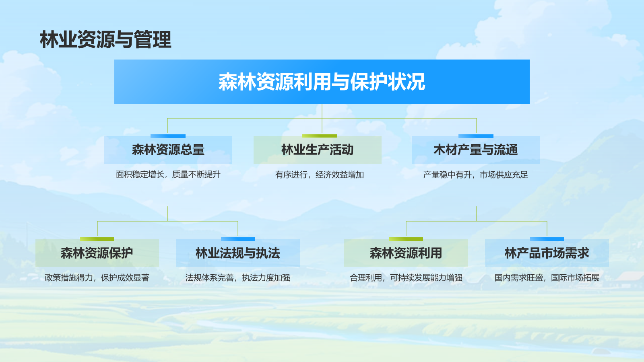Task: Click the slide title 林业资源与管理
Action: coord(105,40)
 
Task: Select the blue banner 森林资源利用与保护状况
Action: coord(322,82)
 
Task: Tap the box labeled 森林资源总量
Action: coord(168,150)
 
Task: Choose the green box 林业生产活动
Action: coord(317,150)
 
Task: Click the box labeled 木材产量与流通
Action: coord(475,150)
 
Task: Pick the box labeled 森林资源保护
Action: coord(97,253)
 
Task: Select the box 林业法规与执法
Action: coord(237,253)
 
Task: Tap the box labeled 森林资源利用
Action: coord(406,253)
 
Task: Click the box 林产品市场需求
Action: coord(547,253)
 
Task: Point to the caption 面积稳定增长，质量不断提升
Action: coord(168,175)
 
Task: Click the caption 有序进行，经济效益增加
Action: coord(320,175)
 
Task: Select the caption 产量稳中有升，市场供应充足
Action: coord(475,175)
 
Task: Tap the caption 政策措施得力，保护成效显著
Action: coord(97,278)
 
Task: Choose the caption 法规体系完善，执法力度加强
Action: coord(237,278)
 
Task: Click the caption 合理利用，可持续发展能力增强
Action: coord(406,278)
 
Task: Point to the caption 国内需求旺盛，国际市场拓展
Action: coord(547,278)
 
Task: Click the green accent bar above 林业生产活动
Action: coord(320,136)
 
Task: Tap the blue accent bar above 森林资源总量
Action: coord(168,136)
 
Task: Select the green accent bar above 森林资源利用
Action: coord(406,239)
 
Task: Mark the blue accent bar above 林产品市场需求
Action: coord(547,239)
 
